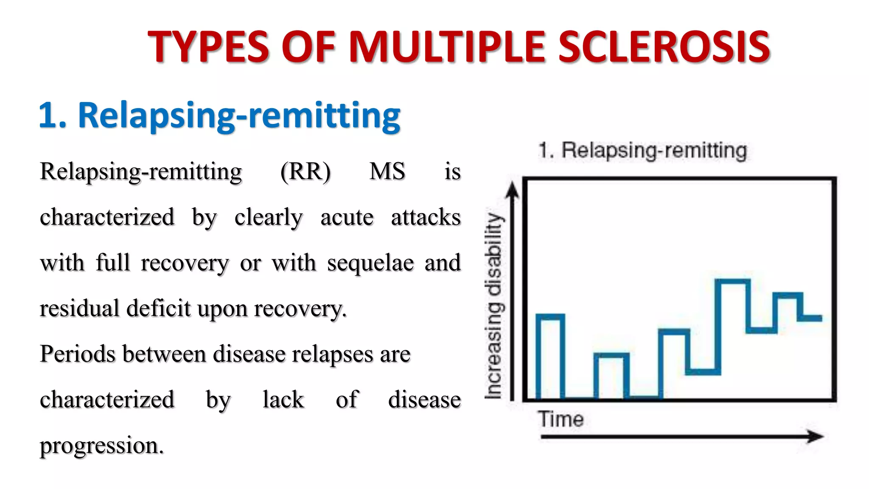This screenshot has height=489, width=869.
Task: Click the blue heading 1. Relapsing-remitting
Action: pos(219,115)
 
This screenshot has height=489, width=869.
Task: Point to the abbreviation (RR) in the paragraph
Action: pos(305,171)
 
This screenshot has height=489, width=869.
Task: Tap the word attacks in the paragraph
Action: pos(426,217)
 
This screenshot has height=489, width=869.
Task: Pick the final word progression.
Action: pos(101,445)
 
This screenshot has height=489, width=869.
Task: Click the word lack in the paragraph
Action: pos(283,400)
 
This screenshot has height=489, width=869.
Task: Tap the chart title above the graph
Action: pos(642,151)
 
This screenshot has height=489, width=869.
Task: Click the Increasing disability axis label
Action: pos(494,306)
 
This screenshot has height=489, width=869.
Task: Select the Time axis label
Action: pos(561,419)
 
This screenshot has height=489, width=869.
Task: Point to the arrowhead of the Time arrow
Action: pos(816,436)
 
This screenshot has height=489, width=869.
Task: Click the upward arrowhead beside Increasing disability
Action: pos(513,190)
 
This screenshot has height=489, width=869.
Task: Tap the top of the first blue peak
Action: pos(550,316)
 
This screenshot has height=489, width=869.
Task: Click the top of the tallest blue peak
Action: pos(732,281)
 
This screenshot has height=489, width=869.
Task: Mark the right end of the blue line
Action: pos(821,318)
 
